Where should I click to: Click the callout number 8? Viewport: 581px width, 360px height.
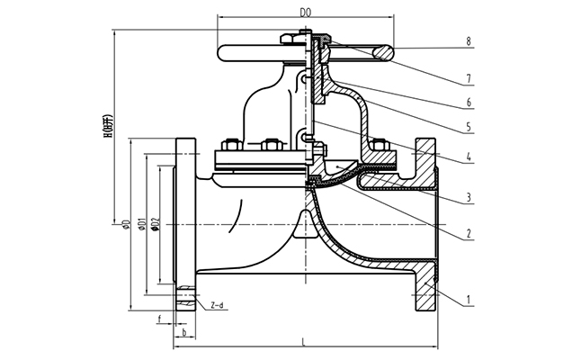click(469, 41)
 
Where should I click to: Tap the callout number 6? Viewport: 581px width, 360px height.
click(469, 102)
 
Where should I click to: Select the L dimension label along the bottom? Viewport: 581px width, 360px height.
click(303, 339)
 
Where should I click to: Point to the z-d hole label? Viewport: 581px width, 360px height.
click(217, 306)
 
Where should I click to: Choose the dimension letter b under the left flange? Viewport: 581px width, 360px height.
click(183, 332)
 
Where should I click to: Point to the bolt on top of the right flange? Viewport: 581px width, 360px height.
click(379, 145)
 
